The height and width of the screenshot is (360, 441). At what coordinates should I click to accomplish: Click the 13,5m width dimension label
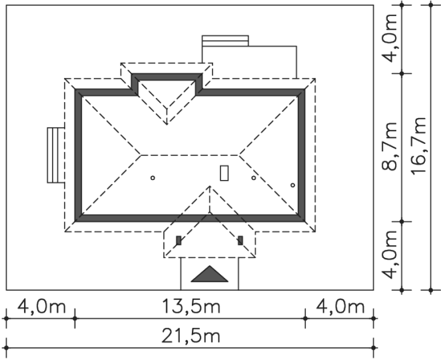(191, 307)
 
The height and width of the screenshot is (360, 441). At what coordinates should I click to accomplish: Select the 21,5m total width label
(191, 336)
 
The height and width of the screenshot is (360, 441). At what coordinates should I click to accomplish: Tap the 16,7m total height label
(419, 145)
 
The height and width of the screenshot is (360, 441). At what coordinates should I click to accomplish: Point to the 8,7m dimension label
(389, 147)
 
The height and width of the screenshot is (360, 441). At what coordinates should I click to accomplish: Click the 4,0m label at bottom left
(41, 307)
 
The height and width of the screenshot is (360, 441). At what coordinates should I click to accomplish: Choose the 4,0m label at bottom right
(340, 307)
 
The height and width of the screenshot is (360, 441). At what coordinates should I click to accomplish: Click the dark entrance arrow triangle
(210, 274)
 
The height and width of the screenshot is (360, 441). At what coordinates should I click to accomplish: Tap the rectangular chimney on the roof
(224, 173)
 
